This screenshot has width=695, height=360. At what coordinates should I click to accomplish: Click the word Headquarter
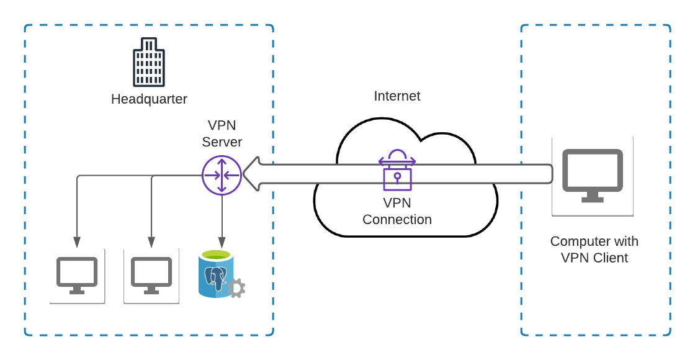point(149,99)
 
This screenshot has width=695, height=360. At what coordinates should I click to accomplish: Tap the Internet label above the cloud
point(397,96)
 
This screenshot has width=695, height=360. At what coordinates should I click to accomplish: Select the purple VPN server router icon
point(222,174)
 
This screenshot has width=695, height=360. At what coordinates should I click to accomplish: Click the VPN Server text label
point(222,134)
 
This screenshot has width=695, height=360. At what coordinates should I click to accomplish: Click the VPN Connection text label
point(397,211)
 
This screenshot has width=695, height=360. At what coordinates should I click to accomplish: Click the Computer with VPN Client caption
point(594,250)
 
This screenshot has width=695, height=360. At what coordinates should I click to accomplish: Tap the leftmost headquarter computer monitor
point(77,276)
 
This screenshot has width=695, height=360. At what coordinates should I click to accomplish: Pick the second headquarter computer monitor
point(151,276)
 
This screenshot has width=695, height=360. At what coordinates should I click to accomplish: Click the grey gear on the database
point(236,287)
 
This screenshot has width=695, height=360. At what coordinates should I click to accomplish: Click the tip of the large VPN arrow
point(244,174)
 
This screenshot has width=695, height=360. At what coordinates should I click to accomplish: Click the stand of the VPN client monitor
point(592,197)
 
